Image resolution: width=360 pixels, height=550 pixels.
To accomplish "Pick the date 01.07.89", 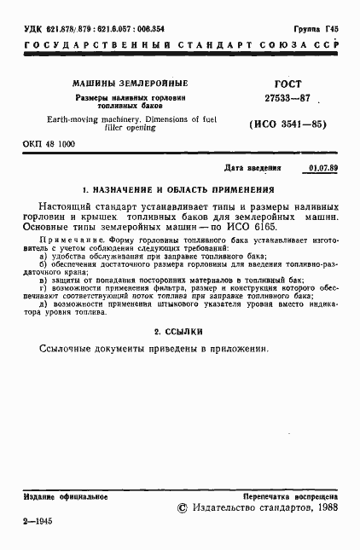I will pos(322,168).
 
